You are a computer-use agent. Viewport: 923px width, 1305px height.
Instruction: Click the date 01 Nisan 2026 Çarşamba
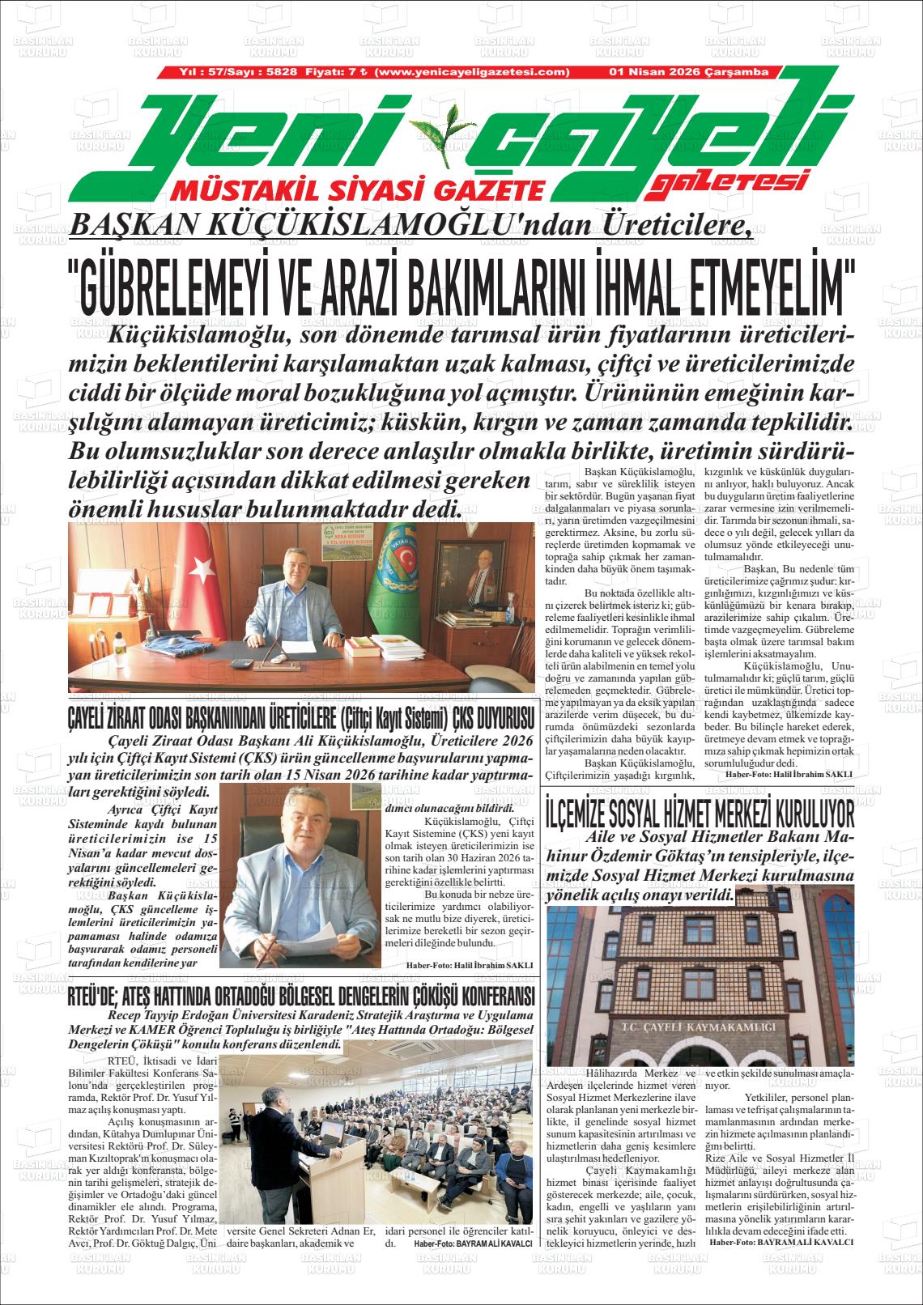coord(688,72)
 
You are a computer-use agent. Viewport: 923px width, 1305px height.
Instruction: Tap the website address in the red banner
coord(474,72)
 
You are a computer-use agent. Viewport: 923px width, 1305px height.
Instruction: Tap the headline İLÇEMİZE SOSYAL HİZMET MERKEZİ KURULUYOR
coord(700,812)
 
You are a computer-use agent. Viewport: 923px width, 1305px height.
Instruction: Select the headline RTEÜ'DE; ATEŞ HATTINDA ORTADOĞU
coord(299,995)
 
